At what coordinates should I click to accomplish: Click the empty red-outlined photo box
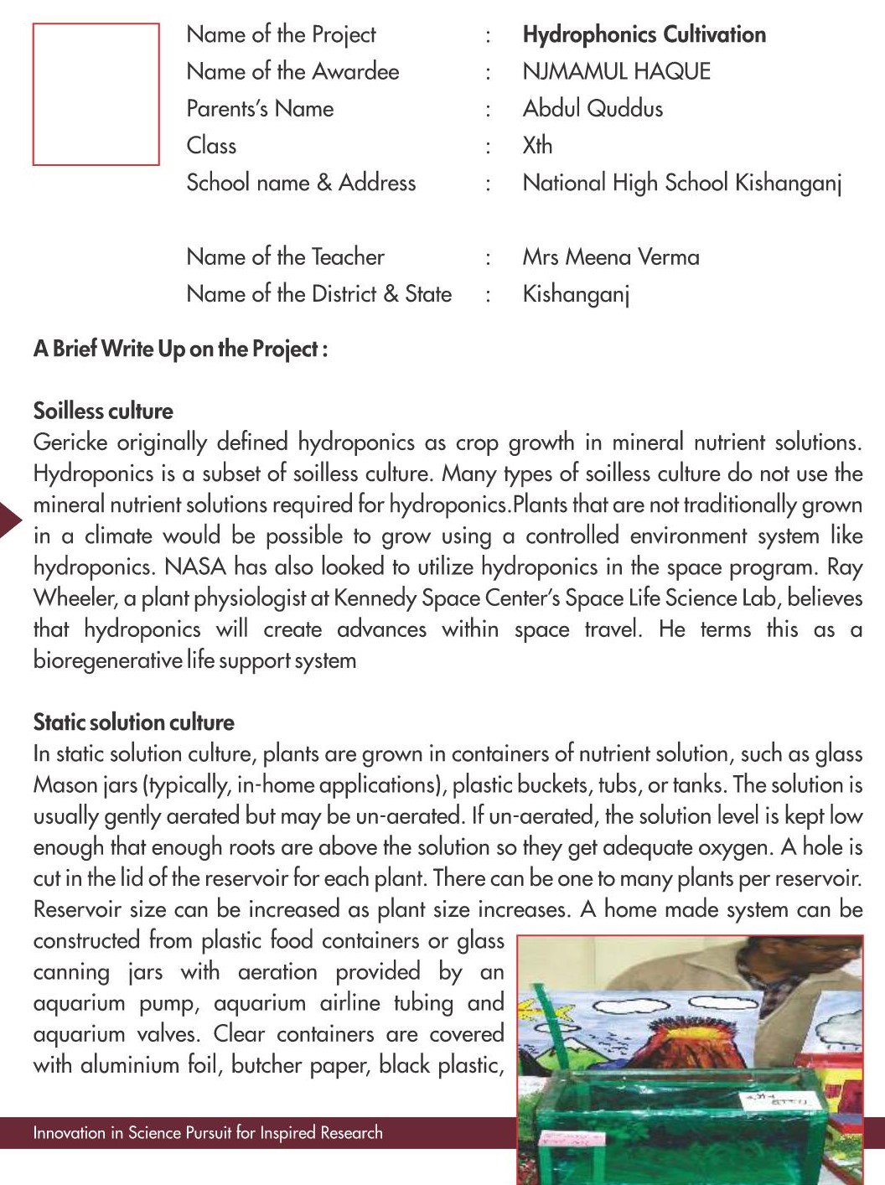coord(96,94)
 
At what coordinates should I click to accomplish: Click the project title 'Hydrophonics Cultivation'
coord(644,34)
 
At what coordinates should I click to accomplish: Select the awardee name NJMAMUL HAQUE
coord(616,71)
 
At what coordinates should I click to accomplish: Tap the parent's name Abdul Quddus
coord(593,108)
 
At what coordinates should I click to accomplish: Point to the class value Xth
coord(537,145)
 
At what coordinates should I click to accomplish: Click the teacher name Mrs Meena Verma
coord(610,256)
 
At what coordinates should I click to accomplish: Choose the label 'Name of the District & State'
coord(318,293)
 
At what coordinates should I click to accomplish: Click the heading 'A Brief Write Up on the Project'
coord(180,349)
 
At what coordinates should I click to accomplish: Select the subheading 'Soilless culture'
coord(103,411)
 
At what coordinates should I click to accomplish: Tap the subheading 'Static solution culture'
coord(133,722)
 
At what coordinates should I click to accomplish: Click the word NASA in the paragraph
coord(195,567)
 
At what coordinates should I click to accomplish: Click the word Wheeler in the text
coord(74,598)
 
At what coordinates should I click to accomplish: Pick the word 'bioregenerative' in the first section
coord(106,660)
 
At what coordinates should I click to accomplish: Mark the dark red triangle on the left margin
coord(9,520)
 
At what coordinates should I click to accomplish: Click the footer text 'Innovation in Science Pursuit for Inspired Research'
coord(208,1133)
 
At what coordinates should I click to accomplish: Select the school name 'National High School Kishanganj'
coord(681,183)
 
